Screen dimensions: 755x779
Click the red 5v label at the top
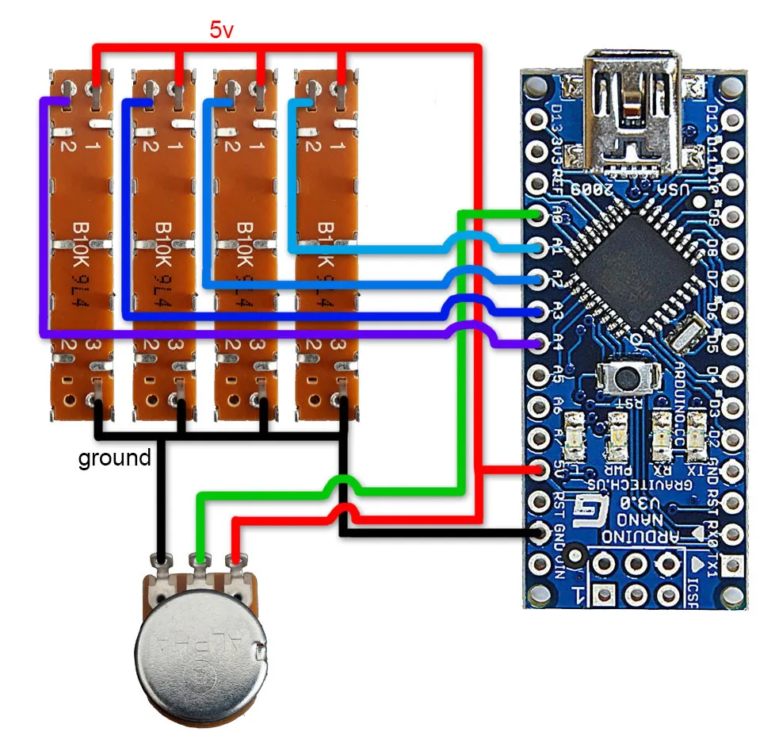click(x=221, y=31)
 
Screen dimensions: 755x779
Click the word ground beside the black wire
click(x=114, y=458)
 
